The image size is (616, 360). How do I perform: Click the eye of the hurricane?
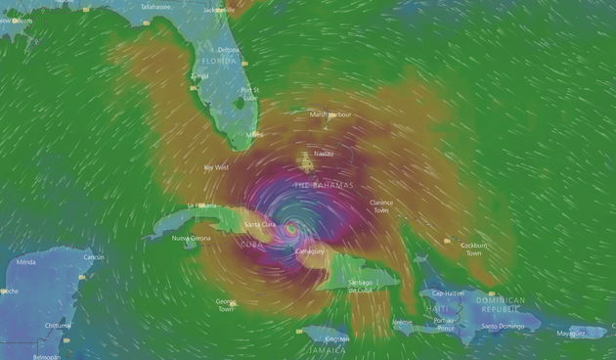pos(290,227)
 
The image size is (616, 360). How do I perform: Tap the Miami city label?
pos(255,134)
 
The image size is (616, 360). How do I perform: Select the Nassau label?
pos(323,154)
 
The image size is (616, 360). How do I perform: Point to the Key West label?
pos(216,167)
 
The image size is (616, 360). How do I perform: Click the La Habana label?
pos(201,204)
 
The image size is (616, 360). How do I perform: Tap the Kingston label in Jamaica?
pos(337,338)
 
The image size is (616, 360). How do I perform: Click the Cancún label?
pos(94,256)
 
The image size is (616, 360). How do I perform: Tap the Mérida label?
pos(26,262)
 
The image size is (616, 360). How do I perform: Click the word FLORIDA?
pos(220,61)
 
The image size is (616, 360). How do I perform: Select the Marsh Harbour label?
pos(330,114)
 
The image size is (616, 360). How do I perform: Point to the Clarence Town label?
pos(381,206)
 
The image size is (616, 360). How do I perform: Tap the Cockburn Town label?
pos(473,249)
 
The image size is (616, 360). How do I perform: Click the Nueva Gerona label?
pos(192,238)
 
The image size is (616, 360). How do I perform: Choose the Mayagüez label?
pos(571,334)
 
